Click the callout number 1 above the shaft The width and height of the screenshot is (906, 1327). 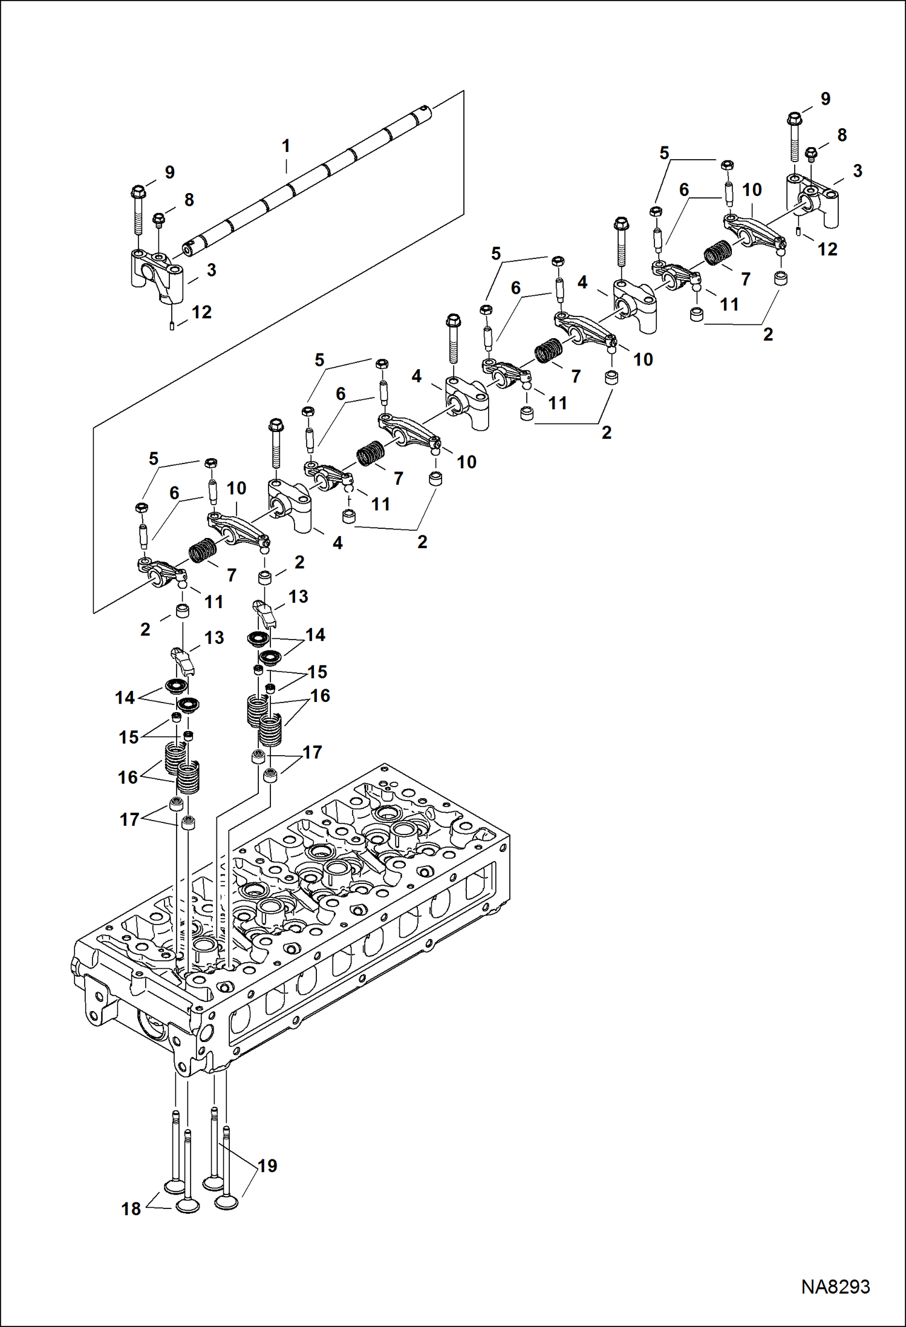pyautogui.click(x=286, y=146)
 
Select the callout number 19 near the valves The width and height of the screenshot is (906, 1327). pyautogui.click(x=267, y=1165)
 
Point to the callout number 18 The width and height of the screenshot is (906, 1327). pyautogui.click(x=131, y=1208)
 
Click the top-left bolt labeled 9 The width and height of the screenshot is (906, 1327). pyautogui.click(x=137, y=212)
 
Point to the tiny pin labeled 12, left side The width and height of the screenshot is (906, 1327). pyautogui.click(x=172, y=327)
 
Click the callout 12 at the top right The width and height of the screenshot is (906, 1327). pyautogui.click(x=827, y=249)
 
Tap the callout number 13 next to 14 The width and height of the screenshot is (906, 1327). pyautogui.click(x=213, y=637)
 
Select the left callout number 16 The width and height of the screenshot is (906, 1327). pyautogui.click(x=128, y=777)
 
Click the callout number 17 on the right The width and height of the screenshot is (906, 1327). pyautogui.click(x=312, y=752)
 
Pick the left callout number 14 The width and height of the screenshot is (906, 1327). pyautogui.click(x=125, y=698)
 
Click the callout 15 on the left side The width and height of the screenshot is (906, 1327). pyautogui.click(x=129, y=737)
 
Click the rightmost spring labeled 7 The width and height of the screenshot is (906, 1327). pyautogui.click(x=717, y=252)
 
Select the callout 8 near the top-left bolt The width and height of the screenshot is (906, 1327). pyautogui.click(x=189, y=200)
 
